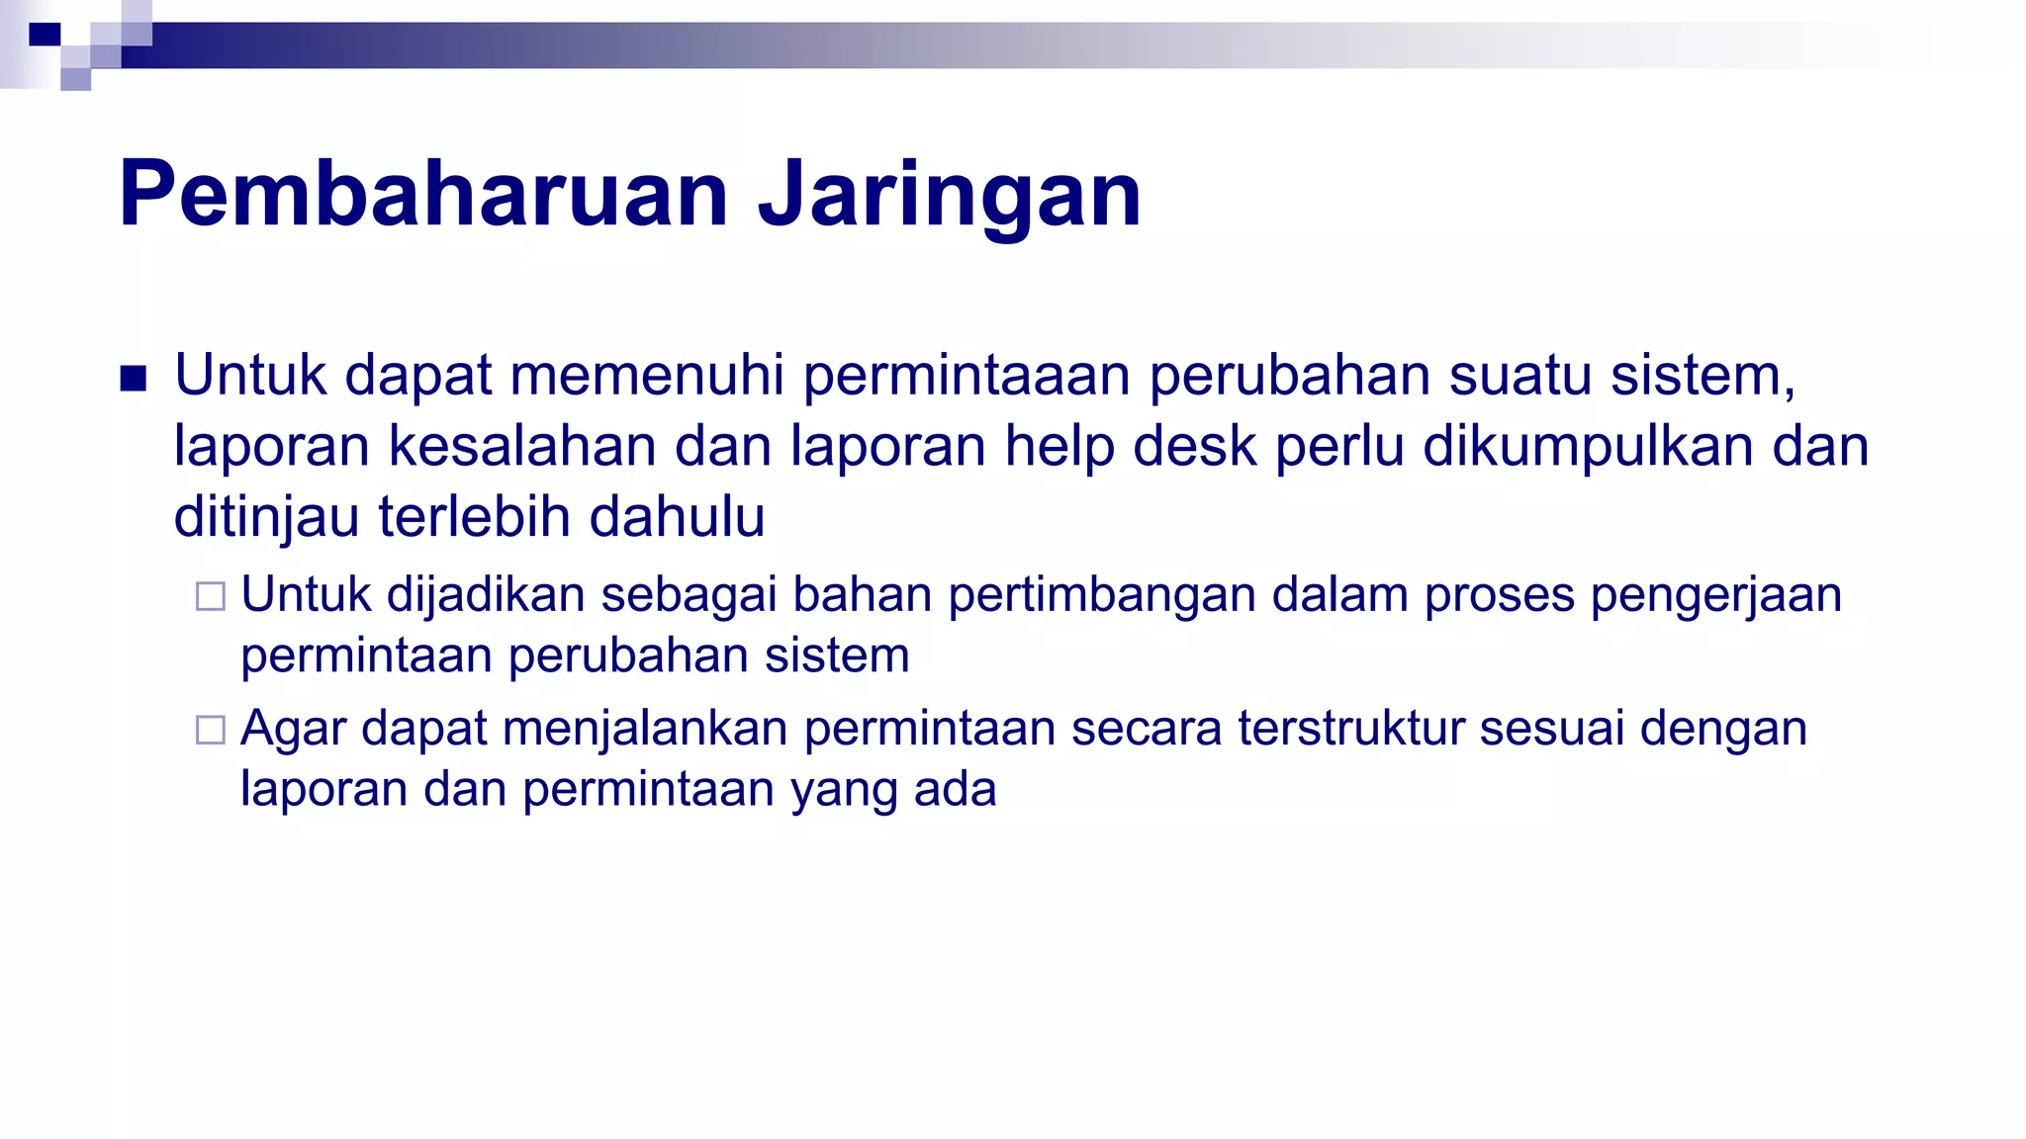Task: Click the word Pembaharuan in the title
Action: pyautogui.click(x=423, y=194)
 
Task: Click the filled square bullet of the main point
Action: pyautogui.click(x=134, y=379)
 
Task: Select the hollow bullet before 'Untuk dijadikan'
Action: pyautogui.click(x=211, y=596)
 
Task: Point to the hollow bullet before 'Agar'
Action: pyautogui.click(x=211, y=730)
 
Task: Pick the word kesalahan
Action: pyautogui.click(x=522, y=446)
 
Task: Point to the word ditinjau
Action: pyautogui.click(x=266, y=518)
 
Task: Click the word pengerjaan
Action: pyautogui.click(x=1716, y=596)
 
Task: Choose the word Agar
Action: pyautogui.click(x=293, y=730)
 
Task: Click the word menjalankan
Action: pyautogui.click(x=645, y=730)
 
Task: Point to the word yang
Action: pyautogui.click(x=844, y=791)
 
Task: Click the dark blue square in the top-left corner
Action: pyautogui.click(x=45, y=36)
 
